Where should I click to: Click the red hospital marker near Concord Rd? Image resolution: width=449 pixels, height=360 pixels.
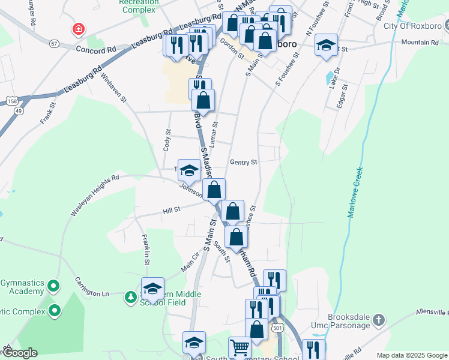(x=77, y=29)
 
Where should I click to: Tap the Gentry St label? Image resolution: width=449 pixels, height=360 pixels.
(x=243, y=163)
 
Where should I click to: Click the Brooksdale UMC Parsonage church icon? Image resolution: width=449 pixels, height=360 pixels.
(x=378, y=320)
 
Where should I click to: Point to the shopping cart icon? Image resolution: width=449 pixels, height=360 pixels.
(x=240, y=347)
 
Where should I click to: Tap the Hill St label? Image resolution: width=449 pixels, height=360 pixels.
(x=171, y=211)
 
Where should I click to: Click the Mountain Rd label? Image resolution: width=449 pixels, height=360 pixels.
(x=420, y=43)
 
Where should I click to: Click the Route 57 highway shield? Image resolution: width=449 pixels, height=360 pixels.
(x=54, y=44)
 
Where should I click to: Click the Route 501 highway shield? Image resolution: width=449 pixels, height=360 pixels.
(x=277, y=328)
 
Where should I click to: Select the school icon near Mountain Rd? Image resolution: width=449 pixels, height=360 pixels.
(x=326, y=46)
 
